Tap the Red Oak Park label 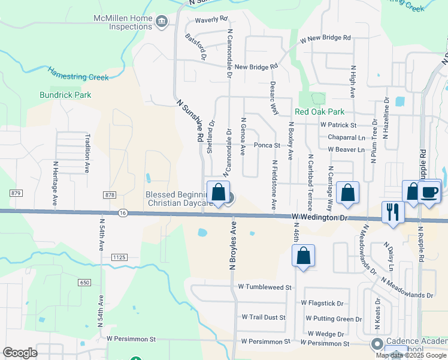[x=319, y=112]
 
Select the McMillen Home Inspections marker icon [x=161, y=23]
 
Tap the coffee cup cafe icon [x=430, y=193]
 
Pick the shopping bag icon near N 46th [x=304, y=256]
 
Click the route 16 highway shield [x=123, y=212]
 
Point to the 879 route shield [x=16, y=193]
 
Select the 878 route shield [x=109, y=195]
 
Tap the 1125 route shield [x=119, y=257]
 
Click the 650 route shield [x=84, y=282]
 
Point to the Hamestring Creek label [x=78, y=73]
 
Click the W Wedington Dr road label [x=320, y=217]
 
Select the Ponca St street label [x=267, y=145]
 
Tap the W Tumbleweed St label [x=264, y=287]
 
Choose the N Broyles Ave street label [x=234, y=247]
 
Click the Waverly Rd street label [x=212, y=19]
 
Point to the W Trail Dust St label [x=265, y=316]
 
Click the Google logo [x=20, y=353]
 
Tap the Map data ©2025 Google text [x=410, y=355]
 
